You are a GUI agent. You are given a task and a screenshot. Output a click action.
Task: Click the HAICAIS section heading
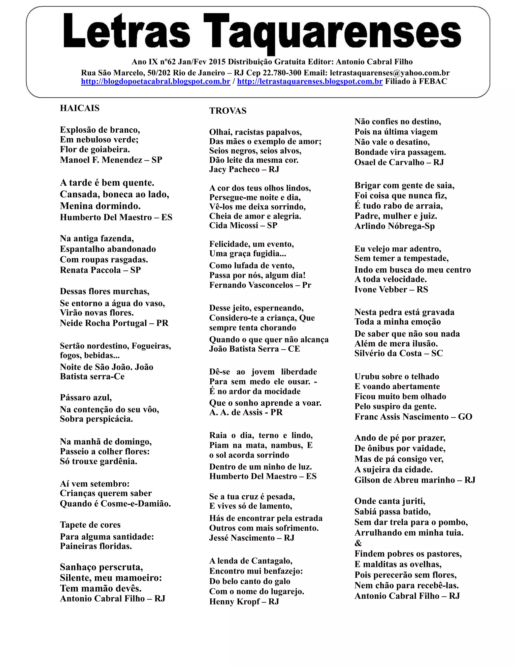79,108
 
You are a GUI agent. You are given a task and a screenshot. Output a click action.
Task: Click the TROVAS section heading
228,111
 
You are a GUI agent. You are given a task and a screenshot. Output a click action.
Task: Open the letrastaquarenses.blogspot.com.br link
310,82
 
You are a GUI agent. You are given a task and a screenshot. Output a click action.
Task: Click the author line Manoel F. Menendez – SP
111,160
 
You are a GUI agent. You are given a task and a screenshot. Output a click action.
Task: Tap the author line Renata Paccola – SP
100,270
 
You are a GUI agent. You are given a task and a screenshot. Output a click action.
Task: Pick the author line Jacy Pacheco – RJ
244,169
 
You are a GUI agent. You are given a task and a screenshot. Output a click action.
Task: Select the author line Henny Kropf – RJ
244,602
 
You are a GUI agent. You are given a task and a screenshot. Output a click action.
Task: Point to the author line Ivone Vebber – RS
391,289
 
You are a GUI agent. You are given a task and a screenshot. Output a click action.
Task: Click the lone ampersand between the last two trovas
358,543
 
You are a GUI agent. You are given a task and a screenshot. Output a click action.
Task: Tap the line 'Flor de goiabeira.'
95,149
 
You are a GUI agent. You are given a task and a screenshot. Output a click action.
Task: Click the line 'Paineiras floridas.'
96,546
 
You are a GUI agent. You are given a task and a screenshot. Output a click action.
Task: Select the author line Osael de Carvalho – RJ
399,162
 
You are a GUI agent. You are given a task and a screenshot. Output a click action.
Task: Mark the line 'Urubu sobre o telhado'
397,377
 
